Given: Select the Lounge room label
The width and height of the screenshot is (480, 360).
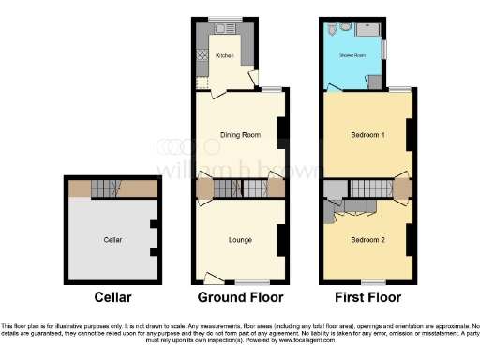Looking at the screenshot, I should point(239,240).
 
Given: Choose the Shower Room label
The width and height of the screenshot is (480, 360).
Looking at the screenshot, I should point(352,55).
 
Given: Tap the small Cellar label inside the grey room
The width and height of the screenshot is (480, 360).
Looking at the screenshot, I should point(113,240).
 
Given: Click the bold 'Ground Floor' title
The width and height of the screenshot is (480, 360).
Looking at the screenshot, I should point(240,298).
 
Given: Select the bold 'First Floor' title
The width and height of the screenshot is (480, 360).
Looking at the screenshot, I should point(367,298).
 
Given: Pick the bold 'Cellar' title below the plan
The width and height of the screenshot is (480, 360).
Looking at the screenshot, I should point(113,298).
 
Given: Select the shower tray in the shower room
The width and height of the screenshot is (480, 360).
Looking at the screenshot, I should point(371,30).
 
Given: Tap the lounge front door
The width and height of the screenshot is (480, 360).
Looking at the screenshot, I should point(214,277).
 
